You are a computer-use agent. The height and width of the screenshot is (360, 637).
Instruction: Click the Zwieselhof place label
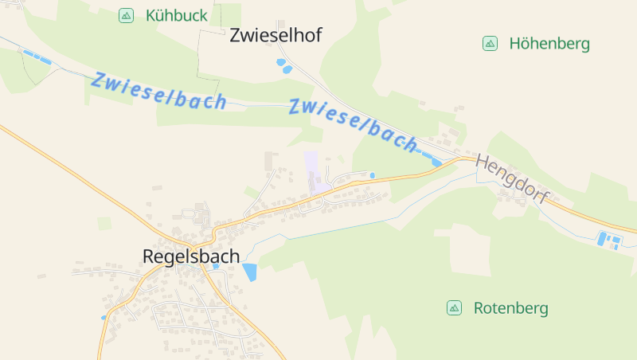click(x=276, y=35)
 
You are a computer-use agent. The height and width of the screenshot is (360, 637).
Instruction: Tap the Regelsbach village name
click(x=190, y=256)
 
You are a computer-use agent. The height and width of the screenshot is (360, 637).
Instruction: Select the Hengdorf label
click(x=513, y=179)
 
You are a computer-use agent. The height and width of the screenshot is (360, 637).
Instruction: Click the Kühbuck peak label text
click(x=176, y=15)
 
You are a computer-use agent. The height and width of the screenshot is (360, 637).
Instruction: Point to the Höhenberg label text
click(x=549, y=44)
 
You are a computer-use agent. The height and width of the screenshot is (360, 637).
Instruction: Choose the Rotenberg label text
click(x=510, y=308)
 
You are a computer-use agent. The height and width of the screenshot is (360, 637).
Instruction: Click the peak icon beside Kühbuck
click(x=126, y=15)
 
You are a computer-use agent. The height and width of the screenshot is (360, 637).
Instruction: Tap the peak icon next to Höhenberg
click(x=490, y=44)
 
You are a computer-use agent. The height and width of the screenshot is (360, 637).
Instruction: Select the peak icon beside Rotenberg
click(x=454, y=308)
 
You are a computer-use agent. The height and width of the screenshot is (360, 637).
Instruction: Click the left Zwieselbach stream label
click(x=158, y=91)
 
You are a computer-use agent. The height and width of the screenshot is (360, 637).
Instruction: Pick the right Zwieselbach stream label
click(x=353, y=123)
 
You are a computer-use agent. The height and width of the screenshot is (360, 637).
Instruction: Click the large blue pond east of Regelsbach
click(x=250, y=272)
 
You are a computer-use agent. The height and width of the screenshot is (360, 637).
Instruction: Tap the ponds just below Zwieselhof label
click(x=283, y=66)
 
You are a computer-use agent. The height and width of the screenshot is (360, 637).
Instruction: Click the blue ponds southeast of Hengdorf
click(x=608, y=239)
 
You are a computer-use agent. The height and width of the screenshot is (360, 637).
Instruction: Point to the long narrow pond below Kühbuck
click(x=37, y=57)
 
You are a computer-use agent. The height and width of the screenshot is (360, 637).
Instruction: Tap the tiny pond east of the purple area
click(x=372, y=175)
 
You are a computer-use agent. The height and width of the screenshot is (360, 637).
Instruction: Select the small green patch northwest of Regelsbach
click(x=104, y=223)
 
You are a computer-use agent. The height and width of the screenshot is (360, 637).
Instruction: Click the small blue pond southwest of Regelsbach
click(x=104, y=317)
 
